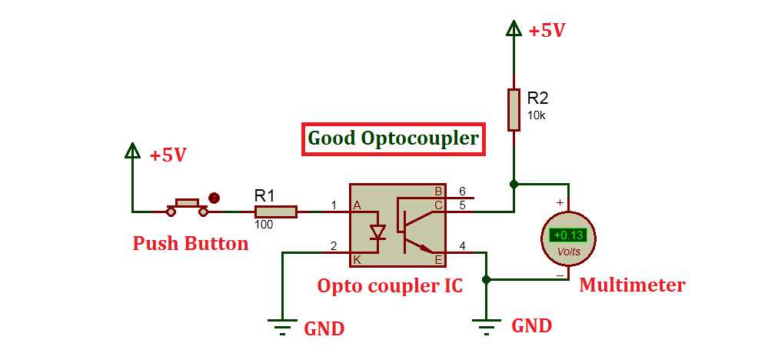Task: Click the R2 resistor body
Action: point(514,110)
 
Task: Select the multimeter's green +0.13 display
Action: point(568,235)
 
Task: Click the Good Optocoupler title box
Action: point(393,139)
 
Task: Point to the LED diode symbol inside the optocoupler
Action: point(377,232)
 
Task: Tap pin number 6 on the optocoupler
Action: point(463,191)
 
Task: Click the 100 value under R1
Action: point(264,225)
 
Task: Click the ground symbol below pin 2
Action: point(283,327)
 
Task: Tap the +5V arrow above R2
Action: point(514,28)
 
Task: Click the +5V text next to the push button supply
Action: point(168,155)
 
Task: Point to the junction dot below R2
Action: point(514,184)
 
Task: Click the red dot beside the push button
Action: point(214,198)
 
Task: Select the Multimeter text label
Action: point(631,285)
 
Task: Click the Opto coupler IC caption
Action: point(390,286)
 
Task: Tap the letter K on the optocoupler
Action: point(357,260)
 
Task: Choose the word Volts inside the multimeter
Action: point(568,252)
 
